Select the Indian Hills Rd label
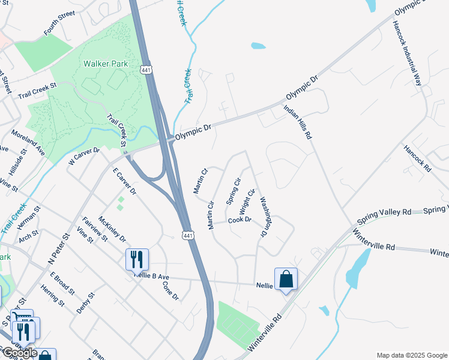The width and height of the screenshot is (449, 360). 298,122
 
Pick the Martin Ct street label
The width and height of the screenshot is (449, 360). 200,181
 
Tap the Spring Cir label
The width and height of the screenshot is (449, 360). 233,191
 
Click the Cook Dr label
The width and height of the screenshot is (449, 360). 239,221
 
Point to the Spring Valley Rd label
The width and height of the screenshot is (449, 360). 384,215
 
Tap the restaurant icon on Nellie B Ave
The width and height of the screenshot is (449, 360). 137,260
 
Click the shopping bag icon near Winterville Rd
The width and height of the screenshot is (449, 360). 286,279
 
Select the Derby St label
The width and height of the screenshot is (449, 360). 86,303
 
